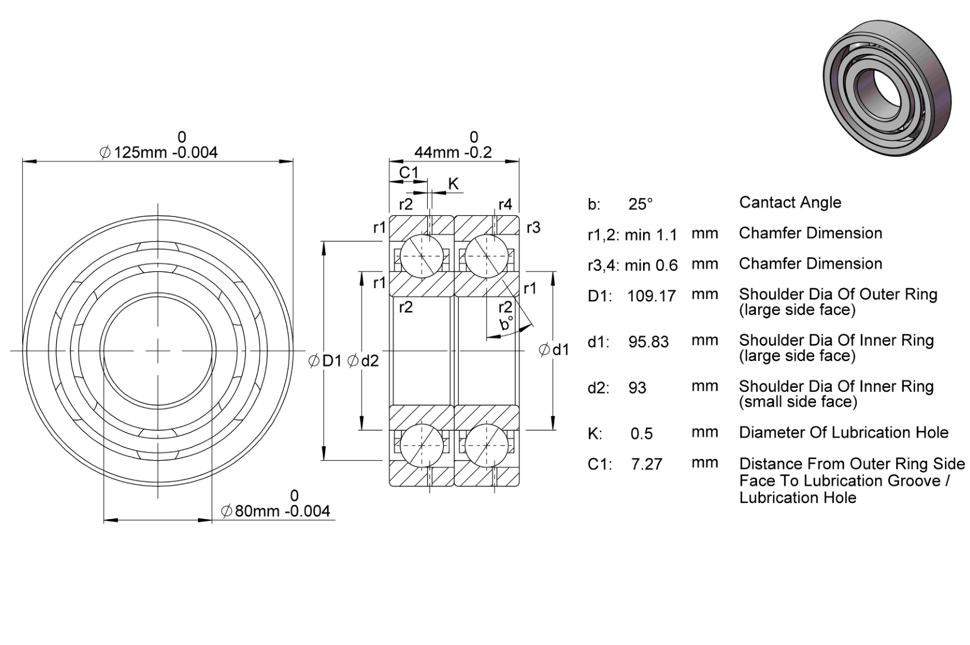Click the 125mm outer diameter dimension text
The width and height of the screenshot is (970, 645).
[x=159, y=152]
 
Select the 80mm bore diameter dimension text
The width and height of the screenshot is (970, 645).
[x=276, y=511]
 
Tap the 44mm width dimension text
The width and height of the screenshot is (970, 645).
[x=453, y=152]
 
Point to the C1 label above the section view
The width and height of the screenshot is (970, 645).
[x=409, y=172]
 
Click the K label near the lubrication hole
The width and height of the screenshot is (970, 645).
[x=453, y=184]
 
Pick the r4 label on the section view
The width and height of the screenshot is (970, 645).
[x=505, y=204]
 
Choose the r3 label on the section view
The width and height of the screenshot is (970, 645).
[x=533, y=227]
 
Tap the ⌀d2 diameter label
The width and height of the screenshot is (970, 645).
[x=363, y=360]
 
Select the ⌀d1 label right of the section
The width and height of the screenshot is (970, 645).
[x=554, y=350]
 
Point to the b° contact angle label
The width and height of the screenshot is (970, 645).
[x=506, y=323]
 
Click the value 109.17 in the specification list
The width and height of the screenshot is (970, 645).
[x=651, y=296]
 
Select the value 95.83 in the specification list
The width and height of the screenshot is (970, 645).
[x=648, y=342]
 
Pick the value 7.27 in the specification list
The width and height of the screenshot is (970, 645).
[x=647, y=464]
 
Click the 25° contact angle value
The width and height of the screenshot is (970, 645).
[x=641, y=204]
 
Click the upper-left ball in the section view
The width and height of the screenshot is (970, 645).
[x=422, y=256]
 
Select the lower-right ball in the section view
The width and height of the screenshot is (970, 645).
[x=487, y=445]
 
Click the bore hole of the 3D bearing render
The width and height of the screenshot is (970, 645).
[x=881, y=94]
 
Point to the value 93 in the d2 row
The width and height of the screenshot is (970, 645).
[x=638, y=388]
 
